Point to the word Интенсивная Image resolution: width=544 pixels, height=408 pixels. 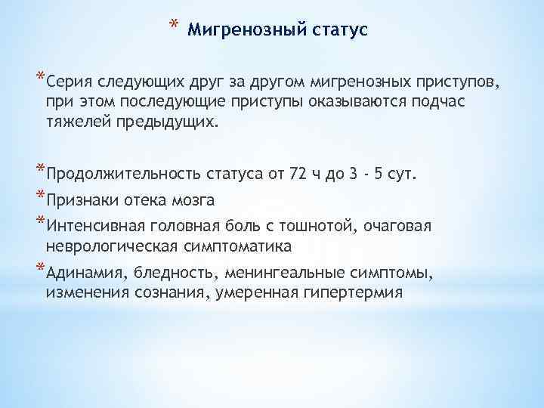pyautogui.click(x=90, y=226)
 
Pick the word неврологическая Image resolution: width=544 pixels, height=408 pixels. pyautogui.click(x=107, y=246)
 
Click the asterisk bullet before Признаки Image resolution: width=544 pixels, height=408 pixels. pyautogui.click(x=40, y=198)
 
